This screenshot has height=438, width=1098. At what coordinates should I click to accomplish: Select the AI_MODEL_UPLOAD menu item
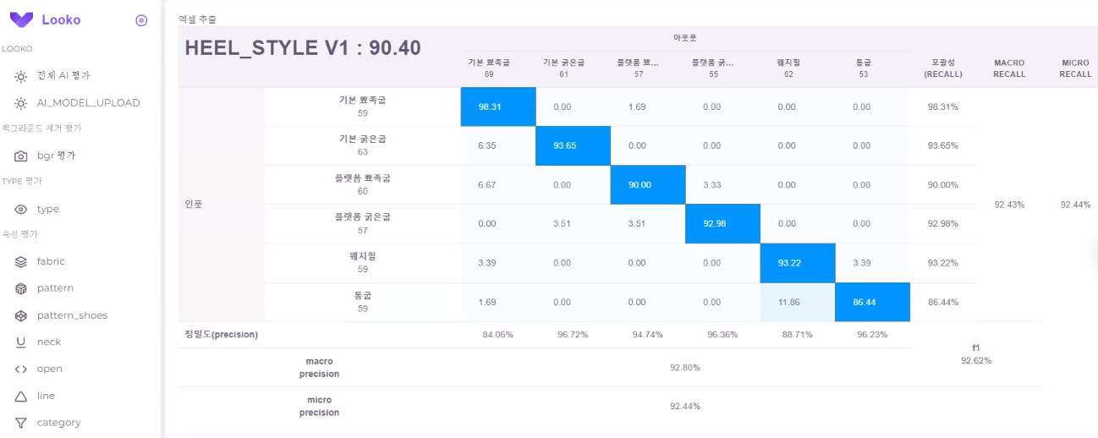88,102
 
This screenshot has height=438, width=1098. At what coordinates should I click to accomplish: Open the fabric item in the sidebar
51,261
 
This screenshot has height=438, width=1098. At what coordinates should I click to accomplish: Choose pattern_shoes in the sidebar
72,315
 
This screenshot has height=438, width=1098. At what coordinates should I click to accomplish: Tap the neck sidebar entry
49,342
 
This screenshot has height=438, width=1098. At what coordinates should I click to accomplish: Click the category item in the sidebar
58,423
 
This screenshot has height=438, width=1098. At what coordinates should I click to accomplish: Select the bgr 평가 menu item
56,156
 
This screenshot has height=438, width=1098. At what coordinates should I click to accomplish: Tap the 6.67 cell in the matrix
486,185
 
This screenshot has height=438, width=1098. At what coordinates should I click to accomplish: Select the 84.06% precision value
497,335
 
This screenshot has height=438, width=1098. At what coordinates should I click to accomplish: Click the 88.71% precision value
797,335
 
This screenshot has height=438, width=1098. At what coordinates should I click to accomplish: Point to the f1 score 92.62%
975,361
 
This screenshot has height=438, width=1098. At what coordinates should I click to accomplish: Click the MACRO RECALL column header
1009,68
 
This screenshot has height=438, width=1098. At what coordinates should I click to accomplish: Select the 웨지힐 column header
788,63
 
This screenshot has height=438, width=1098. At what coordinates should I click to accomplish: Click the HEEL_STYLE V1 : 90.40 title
303,48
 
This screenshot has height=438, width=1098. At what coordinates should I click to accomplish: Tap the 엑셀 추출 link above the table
196,19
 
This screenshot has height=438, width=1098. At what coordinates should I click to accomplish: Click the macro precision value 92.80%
684,367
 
